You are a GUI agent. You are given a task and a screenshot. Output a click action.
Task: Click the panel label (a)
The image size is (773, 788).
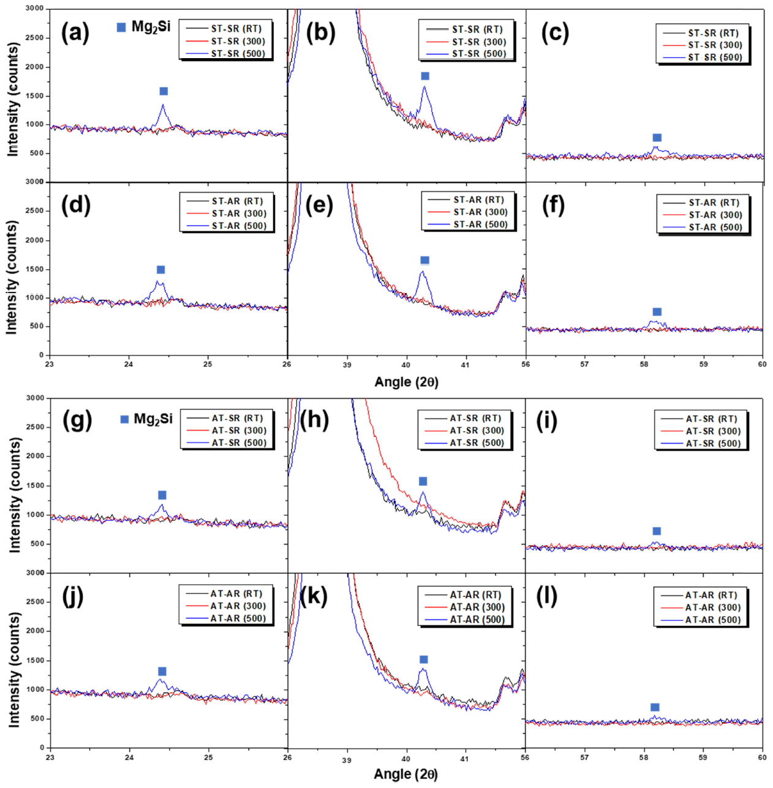[x=75, y=32]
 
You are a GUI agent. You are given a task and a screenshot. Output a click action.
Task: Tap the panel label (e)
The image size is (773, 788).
[x=319, y=206]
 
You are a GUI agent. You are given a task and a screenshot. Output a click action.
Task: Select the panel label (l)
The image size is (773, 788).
[x=546, y=596]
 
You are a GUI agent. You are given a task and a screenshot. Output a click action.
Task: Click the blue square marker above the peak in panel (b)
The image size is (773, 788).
[x=425, y=76]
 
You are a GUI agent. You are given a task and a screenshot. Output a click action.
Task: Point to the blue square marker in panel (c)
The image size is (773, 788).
[x=657, y=138]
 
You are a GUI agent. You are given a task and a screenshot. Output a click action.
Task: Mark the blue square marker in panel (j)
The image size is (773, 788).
[x=162, y=671]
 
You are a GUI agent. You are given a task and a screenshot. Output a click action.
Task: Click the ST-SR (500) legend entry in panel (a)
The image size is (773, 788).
[x=238, y=54]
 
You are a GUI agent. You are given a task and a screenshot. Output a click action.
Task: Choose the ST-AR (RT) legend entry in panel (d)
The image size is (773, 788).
[x=237, y=201]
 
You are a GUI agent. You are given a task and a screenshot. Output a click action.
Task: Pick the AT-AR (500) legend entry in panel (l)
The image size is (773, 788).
[x=713, y=620]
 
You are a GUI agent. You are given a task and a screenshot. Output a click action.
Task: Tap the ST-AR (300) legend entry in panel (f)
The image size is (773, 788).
[x=715, y=215]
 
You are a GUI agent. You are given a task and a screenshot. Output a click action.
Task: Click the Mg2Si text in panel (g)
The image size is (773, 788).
[x=153, y=419]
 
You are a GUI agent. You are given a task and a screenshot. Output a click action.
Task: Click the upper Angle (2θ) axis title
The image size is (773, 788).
[x=406, y=382]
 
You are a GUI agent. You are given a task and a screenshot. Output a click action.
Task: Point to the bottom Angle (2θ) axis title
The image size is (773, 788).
[x=405, y=774]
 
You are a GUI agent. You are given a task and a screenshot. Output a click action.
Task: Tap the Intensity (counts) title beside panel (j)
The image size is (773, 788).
[x=13, y=670]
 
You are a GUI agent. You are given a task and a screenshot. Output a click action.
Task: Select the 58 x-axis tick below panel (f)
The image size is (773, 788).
[x=644, y=365]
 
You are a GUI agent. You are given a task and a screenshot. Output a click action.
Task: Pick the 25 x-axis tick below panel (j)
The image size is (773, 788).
[x=209, y=757]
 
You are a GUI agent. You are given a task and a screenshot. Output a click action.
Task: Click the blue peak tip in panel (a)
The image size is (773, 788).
[x=163, y=105]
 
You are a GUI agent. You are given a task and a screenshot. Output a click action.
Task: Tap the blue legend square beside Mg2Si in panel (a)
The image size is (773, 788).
[x=121, y=27]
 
